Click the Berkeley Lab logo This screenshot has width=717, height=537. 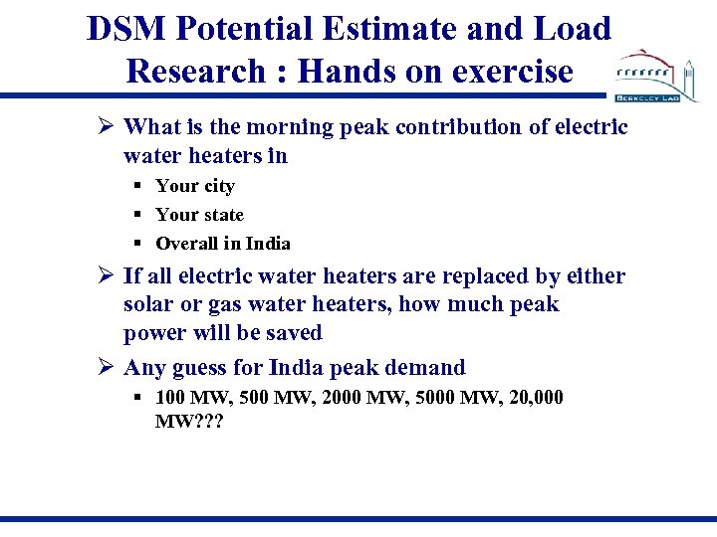click(656, 76)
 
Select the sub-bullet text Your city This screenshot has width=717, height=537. click(195, 186)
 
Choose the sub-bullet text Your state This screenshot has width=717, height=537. click(199, 215)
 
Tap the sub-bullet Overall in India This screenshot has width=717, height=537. click(223, 244)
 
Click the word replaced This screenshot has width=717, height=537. click(438, 276)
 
